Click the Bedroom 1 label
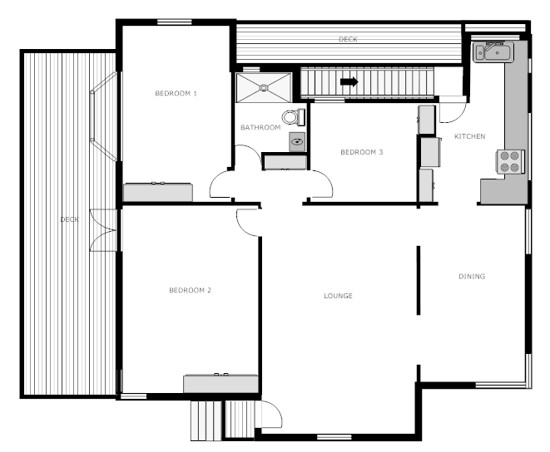[x=176, y=94]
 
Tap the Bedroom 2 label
[x=190, y=290]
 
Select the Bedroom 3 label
[x=362, y=152]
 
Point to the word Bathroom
[x=260, y=128]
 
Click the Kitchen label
[x=469, y=136]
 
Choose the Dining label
[x=472, y=277]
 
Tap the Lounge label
[x=338, y=296]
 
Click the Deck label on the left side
[x=70, y=220]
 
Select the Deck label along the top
[x=348, y=40]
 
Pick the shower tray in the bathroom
[x=264, y=86]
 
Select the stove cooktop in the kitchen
[x=509, y=161]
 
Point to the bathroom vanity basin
[x=297, y=142]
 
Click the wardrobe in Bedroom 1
[x=158, y=192]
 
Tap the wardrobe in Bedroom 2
[x=220, y=384]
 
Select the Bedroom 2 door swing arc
[x=247, y=220]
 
